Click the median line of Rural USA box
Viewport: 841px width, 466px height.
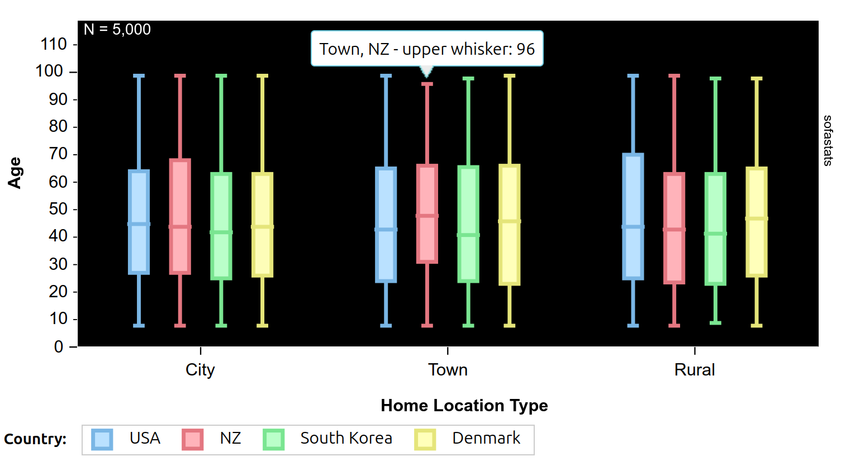coord(633,227)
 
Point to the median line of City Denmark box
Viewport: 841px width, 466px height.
coord(263,227)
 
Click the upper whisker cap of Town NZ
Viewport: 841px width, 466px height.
coord(427,84)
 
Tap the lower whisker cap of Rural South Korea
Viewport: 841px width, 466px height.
coord(715,323)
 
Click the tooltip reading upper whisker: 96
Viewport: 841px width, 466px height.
coord(427,49)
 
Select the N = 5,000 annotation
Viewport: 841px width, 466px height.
coord(117,30)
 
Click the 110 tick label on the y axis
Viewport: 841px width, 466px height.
coord(54,44)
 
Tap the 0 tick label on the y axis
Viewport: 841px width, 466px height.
coord(59,347)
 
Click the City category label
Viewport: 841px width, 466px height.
coord(200,370)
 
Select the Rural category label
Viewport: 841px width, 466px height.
coord(694,370)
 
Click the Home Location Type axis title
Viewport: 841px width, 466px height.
coord(464,406)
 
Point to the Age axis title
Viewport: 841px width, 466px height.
coord(15,173)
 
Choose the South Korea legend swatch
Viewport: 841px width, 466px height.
coord(274,439)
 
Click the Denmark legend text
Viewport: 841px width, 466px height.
coord(486,438)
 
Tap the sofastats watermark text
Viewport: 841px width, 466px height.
coord(828,140)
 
